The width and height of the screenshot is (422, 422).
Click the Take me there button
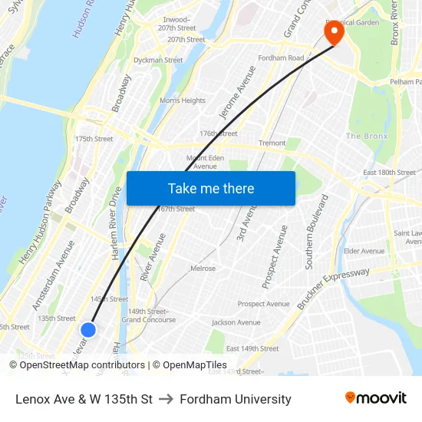coord(211,189)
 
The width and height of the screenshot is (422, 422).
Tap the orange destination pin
coord(335,32)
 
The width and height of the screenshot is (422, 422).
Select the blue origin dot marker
coord(88,329)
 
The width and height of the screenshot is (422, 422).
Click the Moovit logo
coord(376,398)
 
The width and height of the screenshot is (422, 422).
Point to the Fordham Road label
coord(282,58)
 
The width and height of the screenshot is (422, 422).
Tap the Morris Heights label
coord(183,101)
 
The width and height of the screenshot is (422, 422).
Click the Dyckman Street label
coord(158,60)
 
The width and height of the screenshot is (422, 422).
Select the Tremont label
coord(272,143)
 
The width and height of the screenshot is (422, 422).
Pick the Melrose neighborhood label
coord(203,269)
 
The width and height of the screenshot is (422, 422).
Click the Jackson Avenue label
coord(236,322)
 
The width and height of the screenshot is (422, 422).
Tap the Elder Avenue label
coord(364,251)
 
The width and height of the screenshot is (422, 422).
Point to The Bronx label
coord(367,136)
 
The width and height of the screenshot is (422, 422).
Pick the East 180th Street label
coord(390,173)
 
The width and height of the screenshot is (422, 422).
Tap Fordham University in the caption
coord(236,399)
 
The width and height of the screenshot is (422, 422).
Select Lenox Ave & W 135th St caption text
coord(84,399)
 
